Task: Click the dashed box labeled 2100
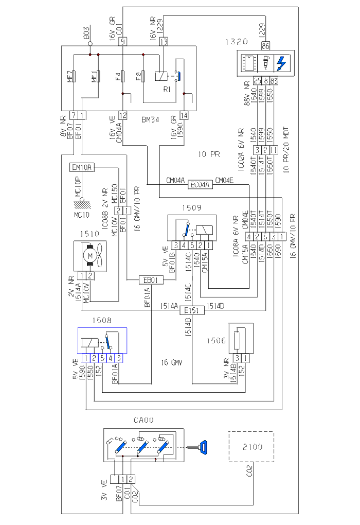tap(251, 447)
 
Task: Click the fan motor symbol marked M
tap(91, 256)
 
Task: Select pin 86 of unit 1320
tap(265, 46)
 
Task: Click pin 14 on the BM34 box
tap(184, 115)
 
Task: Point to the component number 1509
tap(191, 207)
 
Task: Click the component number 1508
tap(102, 321)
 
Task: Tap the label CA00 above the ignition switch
tap(143, 421)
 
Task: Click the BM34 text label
tap(150, 119)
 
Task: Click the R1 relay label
tap(166, 89)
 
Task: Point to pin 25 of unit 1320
tap(257, 80)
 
